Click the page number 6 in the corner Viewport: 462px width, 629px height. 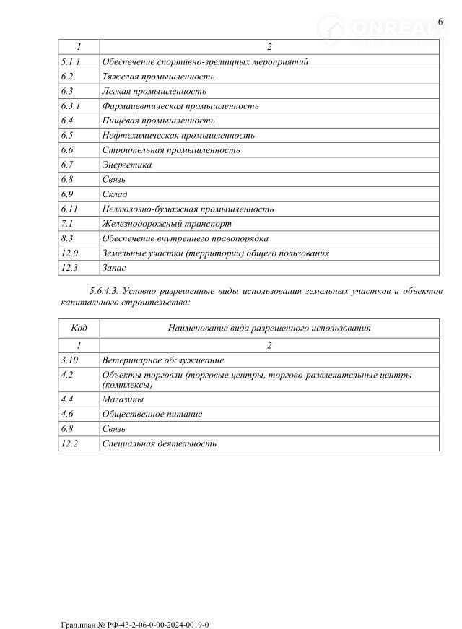[x=440, y=22]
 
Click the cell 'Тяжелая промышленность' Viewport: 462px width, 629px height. [x=158, y=77]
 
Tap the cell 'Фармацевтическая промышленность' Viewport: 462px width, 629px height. [x=180, y=106]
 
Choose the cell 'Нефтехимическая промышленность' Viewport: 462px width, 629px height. [x=178, y=135]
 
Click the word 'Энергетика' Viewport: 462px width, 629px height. [x=128, y=165]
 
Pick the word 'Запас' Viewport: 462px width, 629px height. [x=114, y=268]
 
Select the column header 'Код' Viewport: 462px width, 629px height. [x=79, y=328]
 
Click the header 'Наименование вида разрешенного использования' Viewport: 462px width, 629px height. [x=269, y=328]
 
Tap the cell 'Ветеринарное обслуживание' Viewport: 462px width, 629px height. [x=163, y=360]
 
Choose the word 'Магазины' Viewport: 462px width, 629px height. [x=123, y=399]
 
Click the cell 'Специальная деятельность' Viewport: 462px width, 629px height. [x=160, y=443]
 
